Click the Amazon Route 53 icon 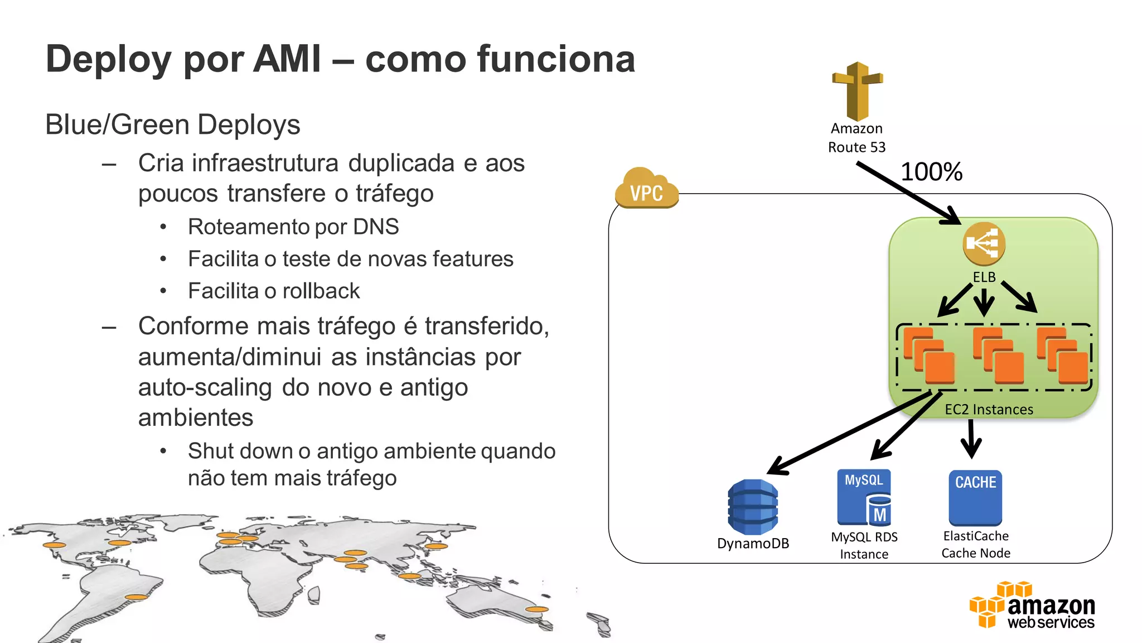857,91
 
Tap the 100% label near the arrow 931,171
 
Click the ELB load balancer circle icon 984,244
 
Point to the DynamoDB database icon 753,507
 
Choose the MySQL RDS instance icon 864,497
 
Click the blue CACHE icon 975,497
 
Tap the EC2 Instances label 989,409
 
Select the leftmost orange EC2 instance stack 929,356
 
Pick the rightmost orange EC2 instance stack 1062,356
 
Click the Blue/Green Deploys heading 172,124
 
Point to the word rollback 321,291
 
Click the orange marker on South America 136,597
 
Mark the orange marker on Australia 537,609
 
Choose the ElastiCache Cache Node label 976,544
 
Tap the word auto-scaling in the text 205,387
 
